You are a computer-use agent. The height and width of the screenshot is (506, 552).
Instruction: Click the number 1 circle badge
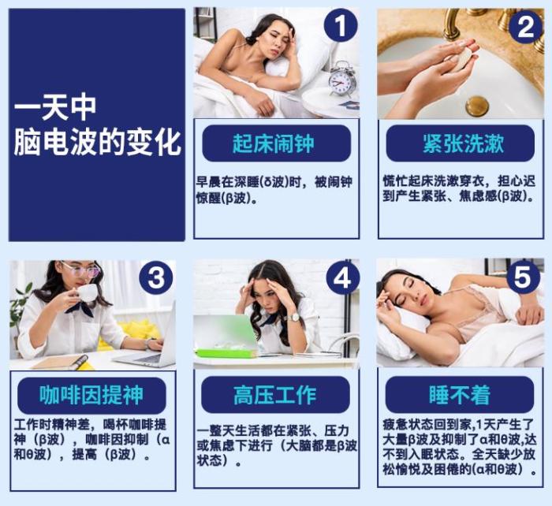341,25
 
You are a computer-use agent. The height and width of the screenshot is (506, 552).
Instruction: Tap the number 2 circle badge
525,26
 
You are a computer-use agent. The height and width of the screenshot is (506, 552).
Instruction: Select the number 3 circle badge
156,277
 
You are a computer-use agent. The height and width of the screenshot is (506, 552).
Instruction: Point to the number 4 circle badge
342,278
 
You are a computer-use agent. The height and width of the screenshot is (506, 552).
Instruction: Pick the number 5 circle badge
523,277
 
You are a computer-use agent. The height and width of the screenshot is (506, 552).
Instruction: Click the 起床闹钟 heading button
276,143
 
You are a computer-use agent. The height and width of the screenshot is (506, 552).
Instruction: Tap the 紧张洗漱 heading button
460,143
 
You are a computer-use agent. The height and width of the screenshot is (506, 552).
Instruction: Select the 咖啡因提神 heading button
91,395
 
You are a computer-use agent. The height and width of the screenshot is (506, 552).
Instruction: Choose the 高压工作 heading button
276,394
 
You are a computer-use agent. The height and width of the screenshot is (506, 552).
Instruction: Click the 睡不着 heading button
460,394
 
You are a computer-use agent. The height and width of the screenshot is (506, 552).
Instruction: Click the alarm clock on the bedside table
342,79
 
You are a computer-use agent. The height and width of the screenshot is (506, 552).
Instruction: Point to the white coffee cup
85,292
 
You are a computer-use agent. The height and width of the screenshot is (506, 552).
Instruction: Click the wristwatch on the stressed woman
294,317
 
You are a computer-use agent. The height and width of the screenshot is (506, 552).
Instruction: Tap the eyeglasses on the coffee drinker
82,269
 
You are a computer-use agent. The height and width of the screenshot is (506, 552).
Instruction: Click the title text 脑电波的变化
98,143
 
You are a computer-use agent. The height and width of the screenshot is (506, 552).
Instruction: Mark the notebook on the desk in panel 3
61,362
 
